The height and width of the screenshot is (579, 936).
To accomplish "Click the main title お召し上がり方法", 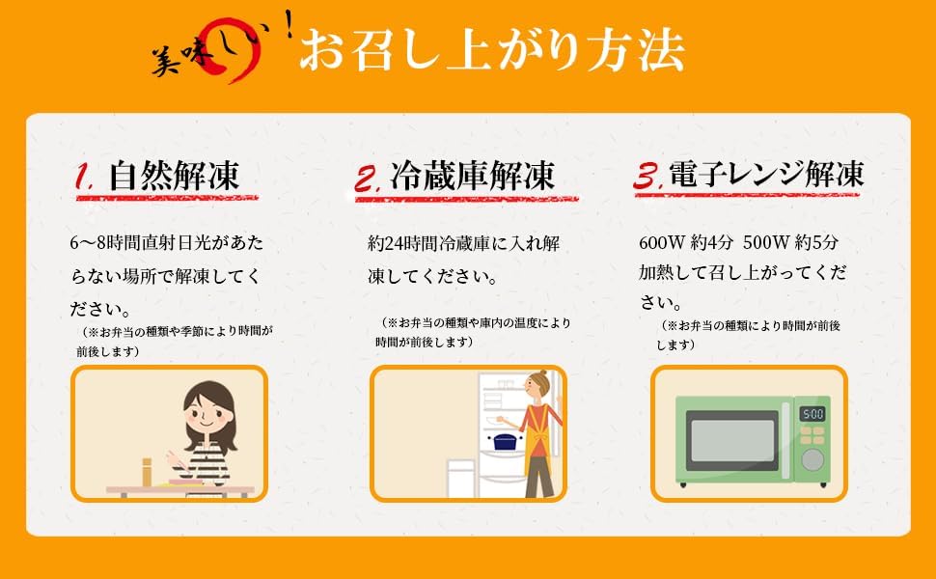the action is coord(492,50).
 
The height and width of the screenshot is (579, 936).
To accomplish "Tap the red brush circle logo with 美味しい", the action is coord(221,50).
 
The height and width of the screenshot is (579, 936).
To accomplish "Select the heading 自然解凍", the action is coord(174,176).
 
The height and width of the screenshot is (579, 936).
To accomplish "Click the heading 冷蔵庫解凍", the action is coord(472,176).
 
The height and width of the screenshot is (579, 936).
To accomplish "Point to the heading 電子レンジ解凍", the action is coord(766,175).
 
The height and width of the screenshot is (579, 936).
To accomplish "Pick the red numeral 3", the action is coord(647,177).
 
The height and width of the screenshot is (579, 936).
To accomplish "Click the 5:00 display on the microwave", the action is coord(812,414).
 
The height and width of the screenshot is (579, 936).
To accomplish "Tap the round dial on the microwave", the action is coord(812,459).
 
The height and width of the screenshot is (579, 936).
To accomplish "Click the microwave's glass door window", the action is coord(731,440).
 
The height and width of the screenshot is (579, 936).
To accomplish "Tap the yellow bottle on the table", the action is coord(147,472).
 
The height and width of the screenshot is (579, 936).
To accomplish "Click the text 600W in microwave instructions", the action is coord(661,243).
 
